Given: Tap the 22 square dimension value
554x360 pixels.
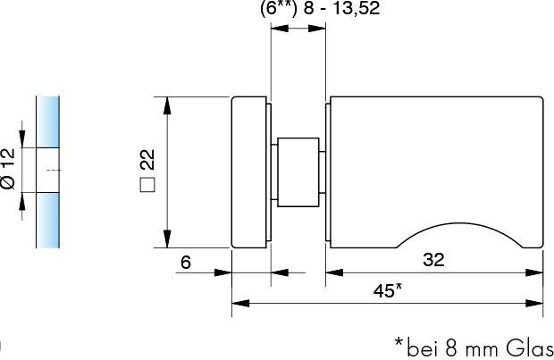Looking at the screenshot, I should coord(148,160).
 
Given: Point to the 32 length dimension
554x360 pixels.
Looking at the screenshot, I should coord(432,260).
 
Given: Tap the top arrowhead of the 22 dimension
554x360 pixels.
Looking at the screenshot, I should coord(165,104).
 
